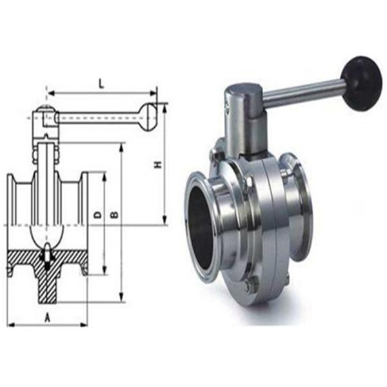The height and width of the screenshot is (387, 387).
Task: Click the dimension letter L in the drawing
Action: (101, 83)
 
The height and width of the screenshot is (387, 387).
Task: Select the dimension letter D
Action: (97, 214)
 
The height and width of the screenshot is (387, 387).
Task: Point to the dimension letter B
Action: (114, 214)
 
